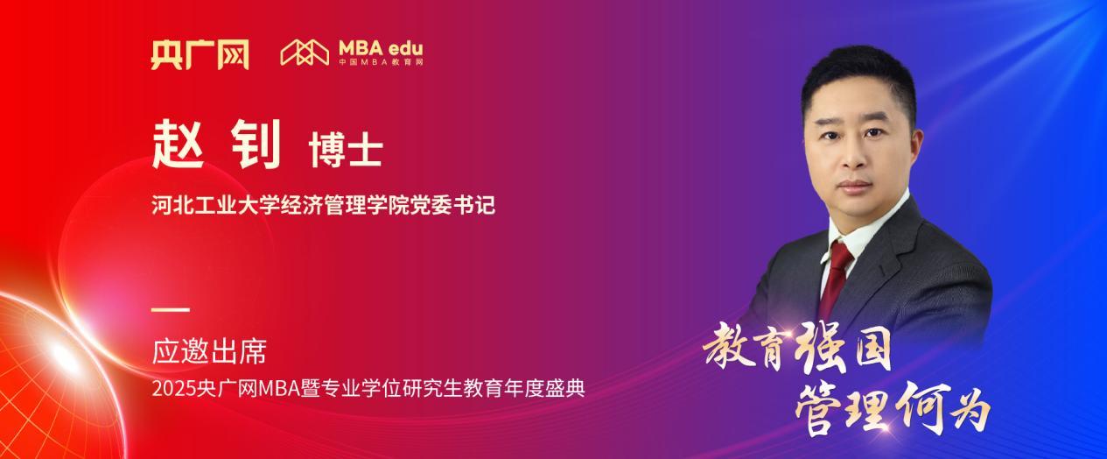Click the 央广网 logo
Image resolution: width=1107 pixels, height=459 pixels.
(x=199, y=54)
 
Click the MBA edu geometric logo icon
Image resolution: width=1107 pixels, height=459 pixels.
(x=304, y=53)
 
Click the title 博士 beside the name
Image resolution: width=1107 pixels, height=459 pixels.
(x=346, y=151)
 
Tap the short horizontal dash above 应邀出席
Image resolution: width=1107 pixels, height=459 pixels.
(x=170, y=309)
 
